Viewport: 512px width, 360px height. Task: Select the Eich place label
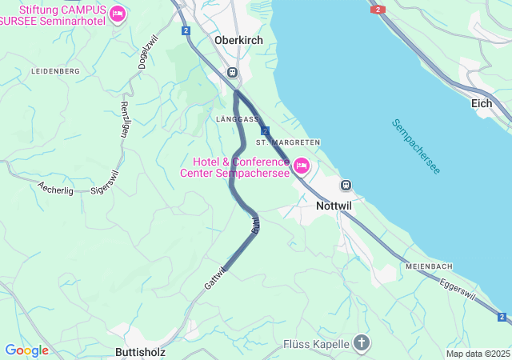(x=482, y=103)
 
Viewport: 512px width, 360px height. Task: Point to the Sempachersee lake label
(x=416, y=146)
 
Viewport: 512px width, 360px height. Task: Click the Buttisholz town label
(x=141, y=351)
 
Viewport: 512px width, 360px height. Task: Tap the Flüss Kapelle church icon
(x=362, y=344)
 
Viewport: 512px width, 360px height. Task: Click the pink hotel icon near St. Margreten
(x=302, y=166)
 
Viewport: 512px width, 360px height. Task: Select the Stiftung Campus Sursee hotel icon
(x=118, y=14)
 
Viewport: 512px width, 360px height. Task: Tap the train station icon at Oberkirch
(x=232, y=72)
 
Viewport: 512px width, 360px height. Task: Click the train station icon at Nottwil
(x=346, y=185)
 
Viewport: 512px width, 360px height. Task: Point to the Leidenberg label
(x=55, y=72)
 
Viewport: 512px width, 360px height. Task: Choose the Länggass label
(x=237, y=118)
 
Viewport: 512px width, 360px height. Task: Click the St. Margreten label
(x=288, y=142)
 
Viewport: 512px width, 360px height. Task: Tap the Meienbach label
(x=429, y=266)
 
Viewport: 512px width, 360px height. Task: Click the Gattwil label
(x=215, y=278)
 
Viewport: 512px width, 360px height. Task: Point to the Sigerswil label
(x=105, y=182)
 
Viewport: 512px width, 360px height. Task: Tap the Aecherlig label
(x=55, y=188)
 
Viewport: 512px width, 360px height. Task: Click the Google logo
(x=26, y=350)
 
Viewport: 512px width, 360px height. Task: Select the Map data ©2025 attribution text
(x=477, y=354)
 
